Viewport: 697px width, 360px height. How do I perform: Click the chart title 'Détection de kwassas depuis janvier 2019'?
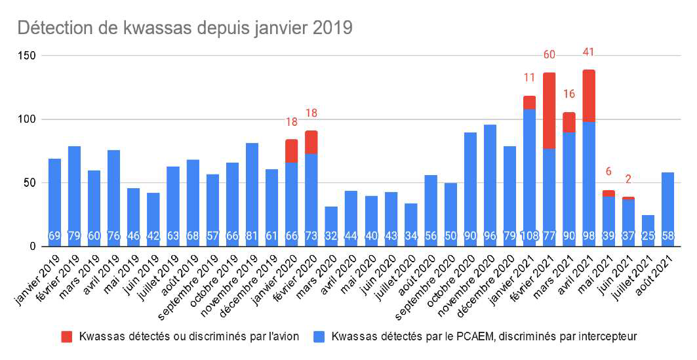tap(185, 28)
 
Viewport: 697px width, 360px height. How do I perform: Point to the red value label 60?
tap(549, 54)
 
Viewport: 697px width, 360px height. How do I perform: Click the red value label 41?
tap(589, 52)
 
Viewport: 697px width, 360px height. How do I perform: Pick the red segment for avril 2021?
tap(589, 96)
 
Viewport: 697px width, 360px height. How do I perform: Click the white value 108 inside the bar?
tap(530, 235)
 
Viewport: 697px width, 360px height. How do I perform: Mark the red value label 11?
tap(530, 78)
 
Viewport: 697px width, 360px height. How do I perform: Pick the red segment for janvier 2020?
tap(292, 151)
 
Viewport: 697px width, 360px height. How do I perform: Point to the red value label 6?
tap(608, 171)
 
